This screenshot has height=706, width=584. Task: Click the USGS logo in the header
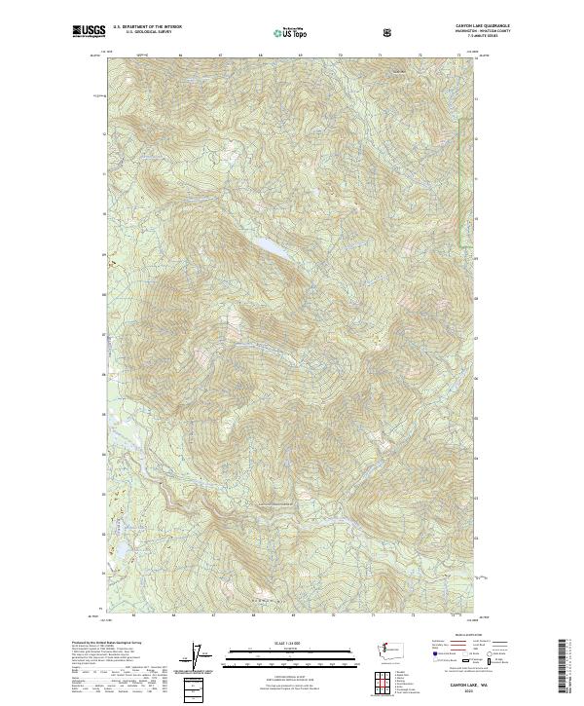[89, 30]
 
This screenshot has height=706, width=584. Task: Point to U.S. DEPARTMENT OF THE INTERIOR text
[147, 27]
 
